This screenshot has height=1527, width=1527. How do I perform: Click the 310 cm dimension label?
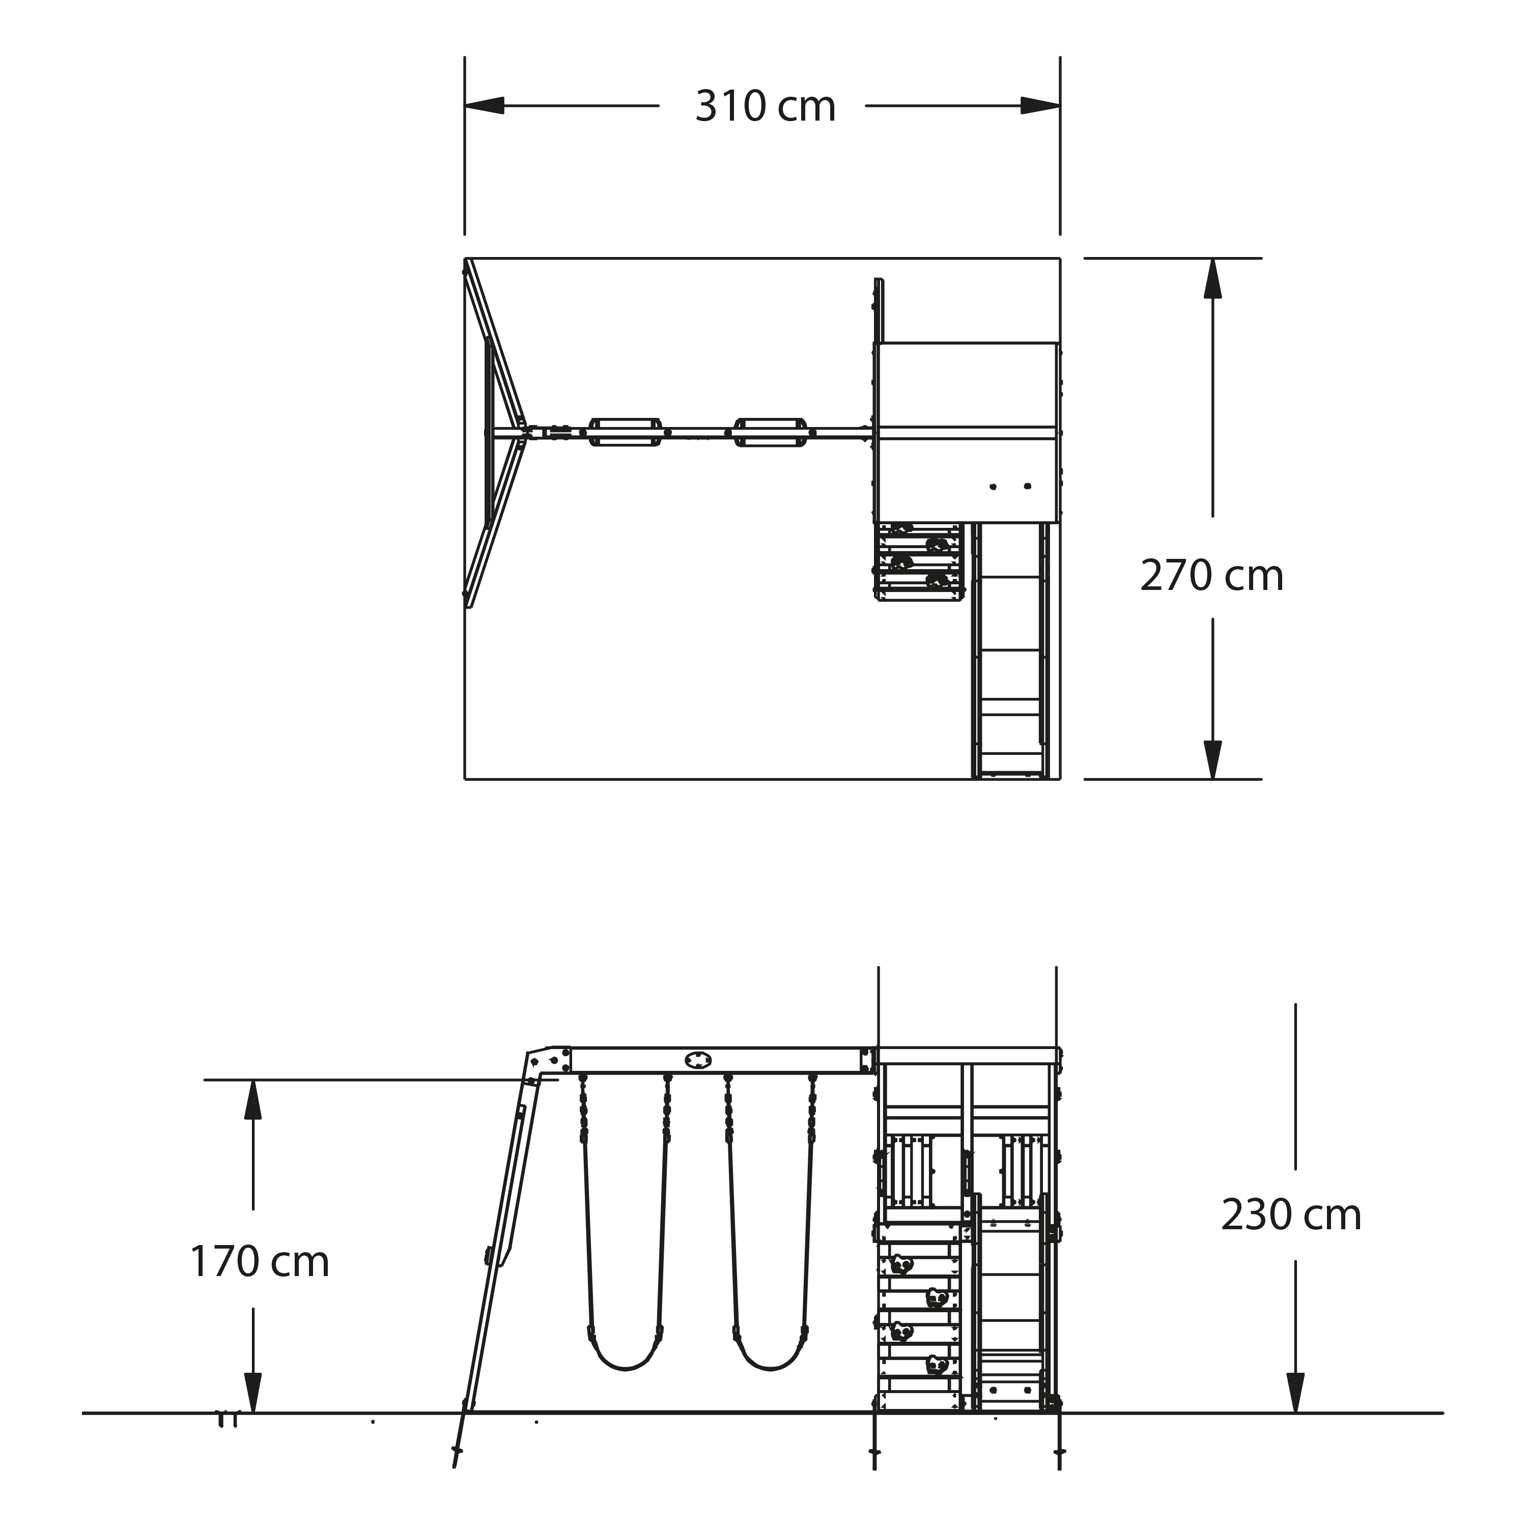coord(765,107)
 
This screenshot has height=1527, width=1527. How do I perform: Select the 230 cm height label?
coord(1291,1215)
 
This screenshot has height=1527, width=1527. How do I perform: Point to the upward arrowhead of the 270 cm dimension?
coord(1212,278)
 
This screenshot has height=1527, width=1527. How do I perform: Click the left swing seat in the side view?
coord(625,1358)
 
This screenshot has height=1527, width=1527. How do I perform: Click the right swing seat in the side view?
coord(771,1358)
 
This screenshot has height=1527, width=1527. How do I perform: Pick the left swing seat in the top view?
coord(625,432)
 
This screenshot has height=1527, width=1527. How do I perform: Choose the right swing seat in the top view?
coord(771,432)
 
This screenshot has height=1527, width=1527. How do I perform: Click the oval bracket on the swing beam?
coord(698,1060)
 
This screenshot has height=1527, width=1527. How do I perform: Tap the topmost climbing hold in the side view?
coord(901,1264)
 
